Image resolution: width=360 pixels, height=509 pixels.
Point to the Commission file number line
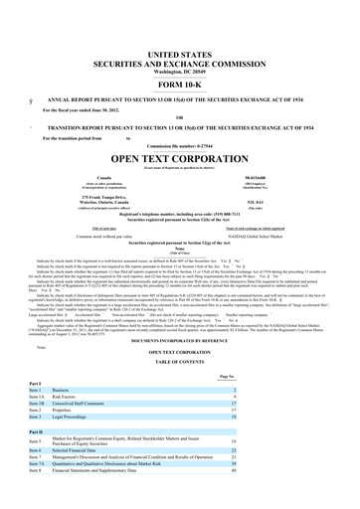(179, 145)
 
